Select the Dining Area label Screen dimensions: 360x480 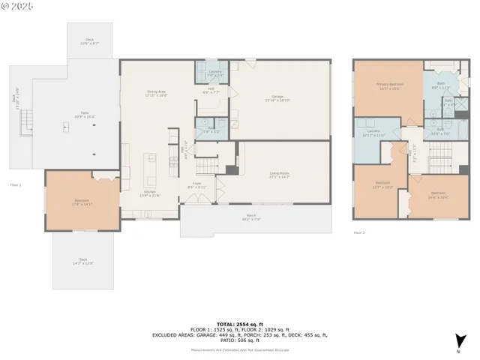coord(157,94)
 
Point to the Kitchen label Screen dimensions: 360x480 coord(151,193)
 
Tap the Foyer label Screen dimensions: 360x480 coord(196,184)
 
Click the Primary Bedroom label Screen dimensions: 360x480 coord(391,87)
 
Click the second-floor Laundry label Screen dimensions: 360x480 coord(373,133)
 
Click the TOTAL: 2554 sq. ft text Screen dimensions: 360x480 coord(239,320)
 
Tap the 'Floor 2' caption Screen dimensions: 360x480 coord(359,233)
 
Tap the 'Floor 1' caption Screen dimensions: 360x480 coord(15,184)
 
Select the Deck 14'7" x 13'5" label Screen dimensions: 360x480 coord(83,262)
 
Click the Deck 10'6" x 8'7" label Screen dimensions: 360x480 coord(90,42)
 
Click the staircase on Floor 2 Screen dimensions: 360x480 coord(438,157)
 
